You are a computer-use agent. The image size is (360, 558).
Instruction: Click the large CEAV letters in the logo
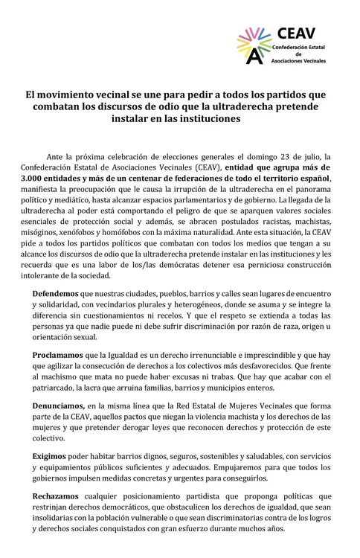click(295, 32)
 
